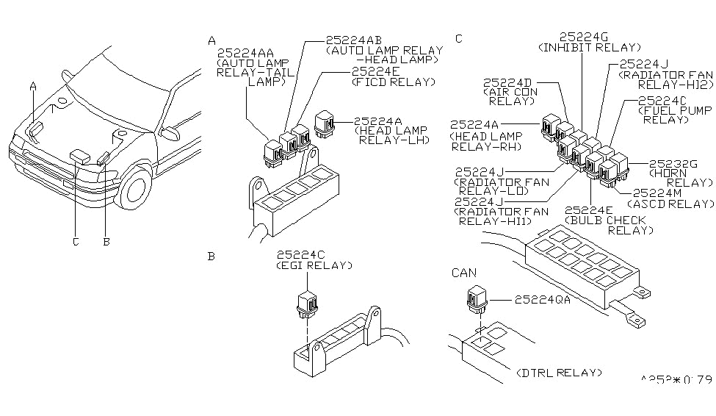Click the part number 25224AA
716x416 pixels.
(x=246, y=53)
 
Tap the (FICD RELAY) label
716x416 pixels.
(x=391, y=82)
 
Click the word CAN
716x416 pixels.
(x=465, y=273)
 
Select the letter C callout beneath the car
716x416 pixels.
(x=76, y=240)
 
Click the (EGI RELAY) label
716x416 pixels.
(x=314, y=265)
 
